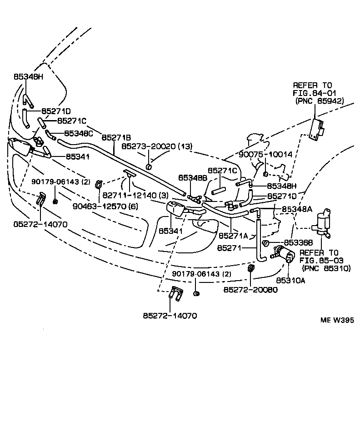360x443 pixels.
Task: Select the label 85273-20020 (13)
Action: pos(157,146)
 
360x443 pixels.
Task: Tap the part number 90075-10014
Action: pos(266,154)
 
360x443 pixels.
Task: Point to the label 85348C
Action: pos(78,133)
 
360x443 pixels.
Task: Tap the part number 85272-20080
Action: pos(250,290)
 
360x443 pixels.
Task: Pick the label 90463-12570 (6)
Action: pos(105,206)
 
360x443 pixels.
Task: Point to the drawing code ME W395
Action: pos(337,320)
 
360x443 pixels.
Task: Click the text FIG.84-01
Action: pos(312,93)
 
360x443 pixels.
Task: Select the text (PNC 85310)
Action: pos(326,268)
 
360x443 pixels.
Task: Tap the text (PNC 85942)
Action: pos(319,101)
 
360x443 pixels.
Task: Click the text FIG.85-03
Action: pos(321,261)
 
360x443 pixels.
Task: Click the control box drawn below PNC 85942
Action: pos(317,128)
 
